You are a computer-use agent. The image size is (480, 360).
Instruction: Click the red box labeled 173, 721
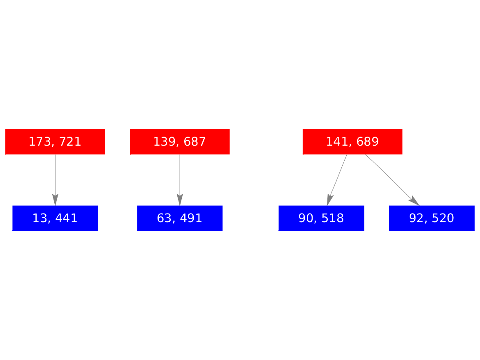point(55,142)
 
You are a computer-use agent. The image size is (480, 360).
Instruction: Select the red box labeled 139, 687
point(180,142)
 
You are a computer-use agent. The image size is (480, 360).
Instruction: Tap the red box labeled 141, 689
point(352,142)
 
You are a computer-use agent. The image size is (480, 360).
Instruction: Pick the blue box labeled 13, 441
point(55,218)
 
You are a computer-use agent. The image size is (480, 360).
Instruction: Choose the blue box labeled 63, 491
point(180,218)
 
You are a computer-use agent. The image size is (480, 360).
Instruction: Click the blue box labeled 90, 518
point(321,218)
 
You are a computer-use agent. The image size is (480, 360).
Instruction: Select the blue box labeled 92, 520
point(432,218)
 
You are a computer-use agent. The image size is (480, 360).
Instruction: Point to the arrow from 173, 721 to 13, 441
point(55,177)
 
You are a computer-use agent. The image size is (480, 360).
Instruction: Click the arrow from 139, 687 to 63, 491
point(180,177)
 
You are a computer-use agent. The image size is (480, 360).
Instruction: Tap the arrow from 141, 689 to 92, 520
point(389,177)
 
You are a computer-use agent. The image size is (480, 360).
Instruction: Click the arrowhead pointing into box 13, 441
point(55,200)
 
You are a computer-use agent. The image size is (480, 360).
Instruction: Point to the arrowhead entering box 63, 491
point(180,200)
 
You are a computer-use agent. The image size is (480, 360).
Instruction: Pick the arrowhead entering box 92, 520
point(414,201)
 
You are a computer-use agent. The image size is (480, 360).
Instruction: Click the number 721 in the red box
point(70,142)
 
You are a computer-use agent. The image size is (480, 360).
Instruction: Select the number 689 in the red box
point(367,142)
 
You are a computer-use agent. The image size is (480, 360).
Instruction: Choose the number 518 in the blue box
point(332,218)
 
